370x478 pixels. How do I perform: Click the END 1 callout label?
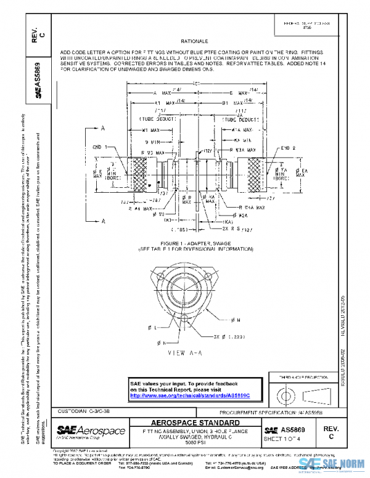point(101,147)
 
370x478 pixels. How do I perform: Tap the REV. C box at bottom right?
point(331,431)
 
